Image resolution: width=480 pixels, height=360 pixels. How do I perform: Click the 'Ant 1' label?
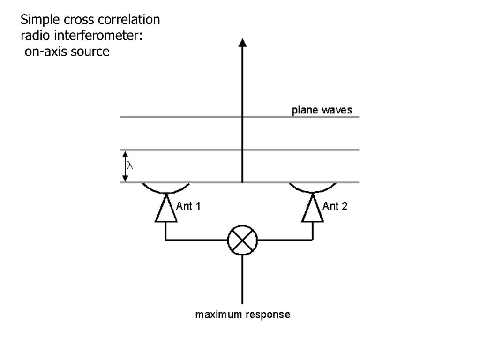(x=188, y=206)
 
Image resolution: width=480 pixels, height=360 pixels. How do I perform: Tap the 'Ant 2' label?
(x=335, y=206)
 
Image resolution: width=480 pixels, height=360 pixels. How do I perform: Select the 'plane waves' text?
(x=322, y=111)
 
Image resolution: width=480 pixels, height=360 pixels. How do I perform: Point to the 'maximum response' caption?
(x=242, y=315)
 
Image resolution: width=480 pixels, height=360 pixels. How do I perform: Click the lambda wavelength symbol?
(x=131, y=165)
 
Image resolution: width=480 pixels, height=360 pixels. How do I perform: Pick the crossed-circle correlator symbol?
(x=242, y=240)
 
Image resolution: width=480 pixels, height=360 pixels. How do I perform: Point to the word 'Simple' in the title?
(x=37, y=20)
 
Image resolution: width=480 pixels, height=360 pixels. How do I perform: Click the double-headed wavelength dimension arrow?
(x=125, y=166)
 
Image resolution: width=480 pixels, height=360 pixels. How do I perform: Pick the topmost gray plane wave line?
(x=187, y=117)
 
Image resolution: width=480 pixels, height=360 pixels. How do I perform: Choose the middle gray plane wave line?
(x=187, y=150)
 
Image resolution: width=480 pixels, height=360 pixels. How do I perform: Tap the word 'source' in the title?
(x=90, y=52)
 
